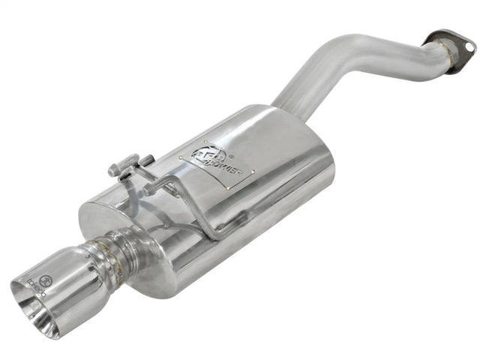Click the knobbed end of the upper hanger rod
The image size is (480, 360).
(115, 171)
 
